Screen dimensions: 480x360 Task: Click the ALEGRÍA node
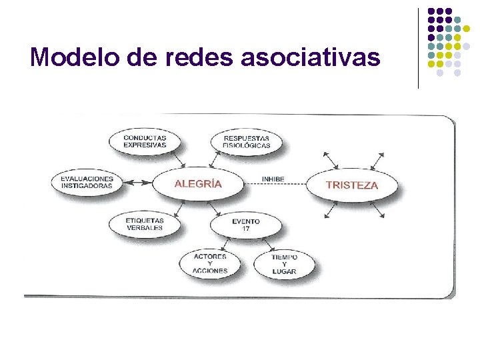pyautogui.click(x=198, y=183)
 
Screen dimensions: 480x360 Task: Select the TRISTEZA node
pyautogui.click(x=351, y=185)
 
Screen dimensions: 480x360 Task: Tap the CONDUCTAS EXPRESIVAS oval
pyautogui.click(x=145, y=141)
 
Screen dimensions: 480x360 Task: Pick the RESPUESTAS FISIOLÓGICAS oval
pyautogui.click(x=246, y=141)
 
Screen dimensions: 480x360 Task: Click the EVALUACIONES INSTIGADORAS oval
pyautogui.click(x=87, y=182)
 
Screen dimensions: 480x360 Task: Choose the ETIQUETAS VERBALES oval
pyautogui.click(x=145, y=224)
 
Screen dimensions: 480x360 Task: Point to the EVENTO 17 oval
pyautogui.click(x=246, y=225)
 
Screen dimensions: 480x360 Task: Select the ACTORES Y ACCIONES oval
pyautogui.click(x=210, y=263)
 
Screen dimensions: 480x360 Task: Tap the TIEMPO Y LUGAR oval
pyautogui.click(x=285, y=264)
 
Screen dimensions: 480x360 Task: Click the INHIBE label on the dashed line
pyautogui.click(x=273, y=179)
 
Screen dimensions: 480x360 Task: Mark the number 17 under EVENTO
pyautogui.click(x=246, y=229)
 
